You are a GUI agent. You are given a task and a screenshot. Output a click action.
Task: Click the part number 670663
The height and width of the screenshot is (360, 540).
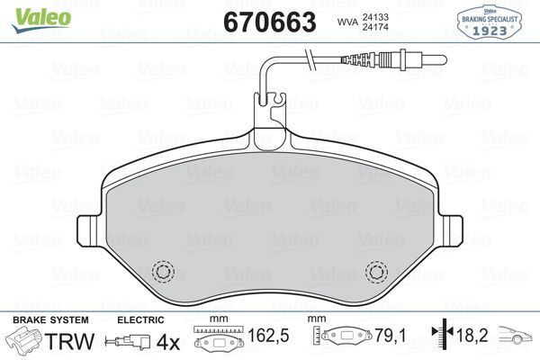tap(267, 22)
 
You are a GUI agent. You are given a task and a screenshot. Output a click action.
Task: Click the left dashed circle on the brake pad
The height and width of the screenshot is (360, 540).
tap(163, 271)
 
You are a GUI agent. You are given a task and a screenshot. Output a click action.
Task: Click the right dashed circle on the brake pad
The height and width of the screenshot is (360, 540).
tap(376, 271)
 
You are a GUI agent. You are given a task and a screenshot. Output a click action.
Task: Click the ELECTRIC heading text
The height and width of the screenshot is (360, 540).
tap(140, 320)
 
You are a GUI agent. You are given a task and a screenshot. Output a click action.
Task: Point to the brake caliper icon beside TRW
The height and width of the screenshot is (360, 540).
tap(24, 341)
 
